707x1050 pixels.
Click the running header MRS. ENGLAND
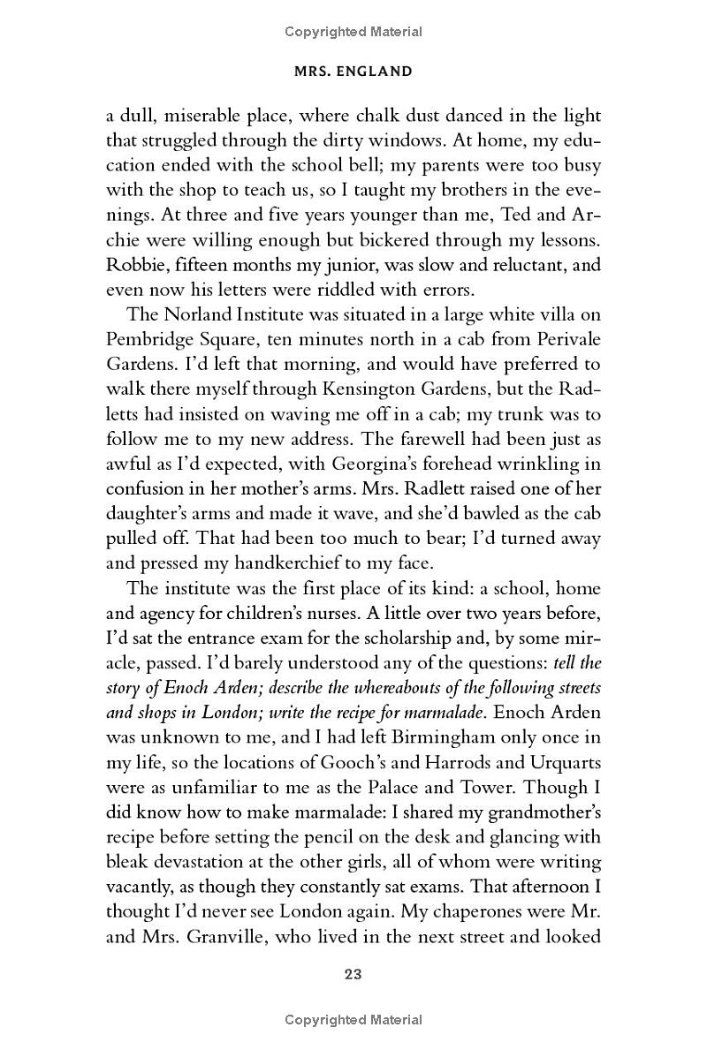point(353,72)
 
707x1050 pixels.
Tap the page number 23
point(353,975)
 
